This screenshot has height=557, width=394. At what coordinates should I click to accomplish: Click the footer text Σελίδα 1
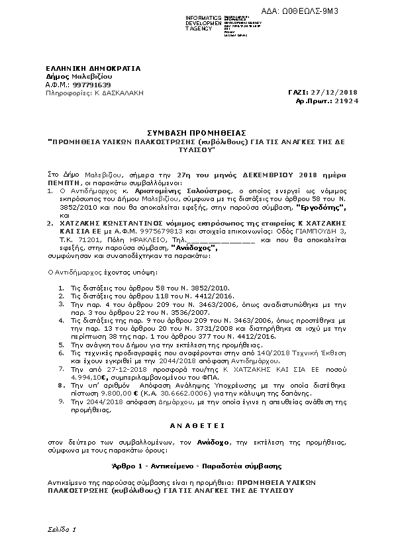(x=62, y=530)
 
